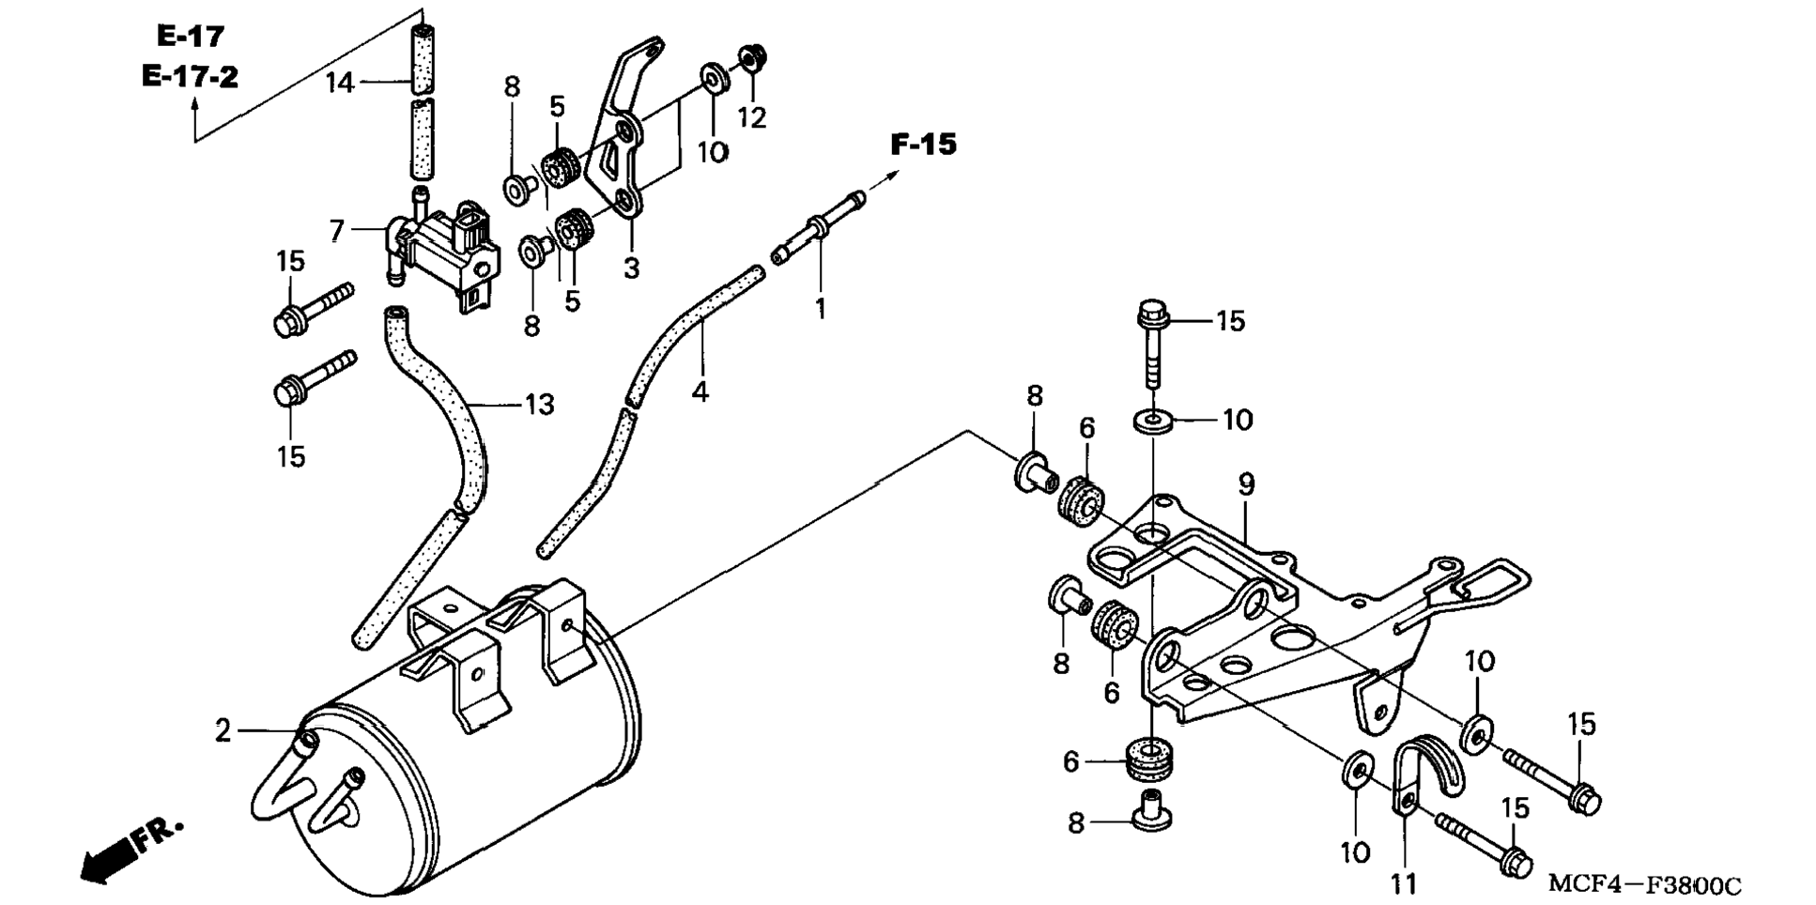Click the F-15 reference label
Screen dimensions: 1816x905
[923, 145]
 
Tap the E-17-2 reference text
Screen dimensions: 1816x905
[190, 76]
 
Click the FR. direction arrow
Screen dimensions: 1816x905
[131, 849]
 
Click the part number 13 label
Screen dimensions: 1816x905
[539, 405]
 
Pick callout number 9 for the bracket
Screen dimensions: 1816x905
[1246, 484]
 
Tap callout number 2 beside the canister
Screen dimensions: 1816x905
[223, 730]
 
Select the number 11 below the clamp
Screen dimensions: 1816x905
[1404, 883]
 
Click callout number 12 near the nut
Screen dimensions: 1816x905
[751, 117]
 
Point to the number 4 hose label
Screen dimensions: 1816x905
[700, 391]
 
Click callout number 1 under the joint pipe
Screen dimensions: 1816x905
[820, 309]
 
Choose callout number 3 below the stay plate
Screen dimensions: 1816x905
[631, 268]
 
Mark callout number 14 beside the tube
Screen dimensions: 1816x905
[340, 84]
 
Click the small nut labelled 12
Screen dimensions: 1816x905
[750, 57]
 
